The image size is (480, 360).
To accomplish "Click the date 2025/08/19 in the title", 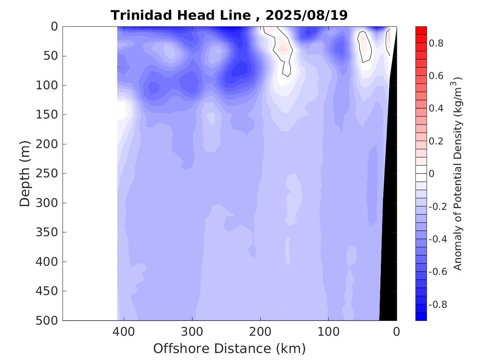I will tap(306, 15).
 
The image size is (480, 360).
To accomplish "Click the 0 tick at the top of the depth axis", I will tap(55, 27).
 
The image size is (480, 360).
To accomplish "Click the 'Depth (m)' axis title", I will tap(25, 174).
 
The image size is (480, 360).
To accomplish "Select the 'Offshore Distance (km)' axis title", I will tap(230, 348).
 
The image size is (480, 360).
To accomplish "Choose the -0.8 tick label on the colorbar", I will tap(437, 305).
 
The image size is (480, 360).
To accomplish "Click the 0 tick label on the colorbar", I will tap(431, 174).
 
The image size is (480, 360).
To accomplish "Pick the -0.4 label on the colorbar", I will tap(437, 239).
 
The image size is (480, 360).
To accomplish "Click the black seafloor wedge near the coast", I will tap(389, 247).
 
